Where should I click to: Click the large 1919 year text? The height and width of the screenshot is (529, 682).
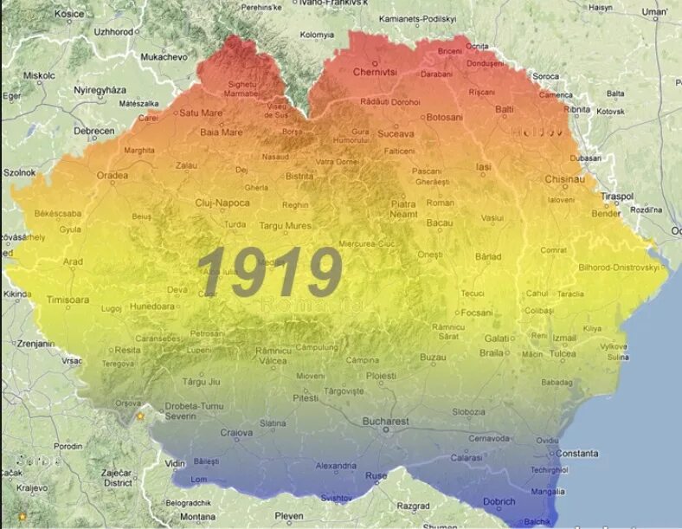point(269,273)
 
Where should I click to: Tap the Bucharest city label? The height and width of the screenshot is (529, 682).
point(385,422)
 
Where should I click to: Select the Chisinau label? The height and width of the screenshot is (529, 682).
point(565,179)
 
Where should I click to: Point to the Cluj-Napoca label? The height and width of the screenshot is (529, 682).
point(222,203)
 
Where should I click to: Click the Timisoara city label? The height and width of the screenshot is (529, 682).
point(68,300)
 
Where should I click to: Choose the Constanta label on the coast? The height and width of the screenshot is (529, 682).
point(576,453)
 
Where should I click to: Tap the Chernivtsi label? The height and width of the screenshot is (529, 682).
point(375,72)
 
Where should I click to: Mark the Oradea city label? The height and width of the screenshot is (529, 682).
point(113,175)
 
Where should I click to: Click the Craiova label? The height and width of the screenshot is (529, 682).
point(236,432)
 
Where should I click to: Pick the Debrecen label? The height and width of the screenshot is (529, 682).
point(94,131)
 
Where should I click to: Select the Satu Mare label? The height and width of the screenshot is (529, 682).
point(201,113)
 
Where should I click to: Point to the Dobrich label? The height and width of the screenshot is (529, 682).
point(499,501)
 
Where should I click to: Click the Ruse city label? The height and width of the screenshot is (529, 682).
point(377,476)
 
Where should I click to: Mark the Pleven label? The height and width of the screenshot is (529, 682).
point(289,516)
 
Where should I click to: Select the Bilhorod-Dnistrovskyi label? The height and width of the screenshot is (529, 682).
point(618,268)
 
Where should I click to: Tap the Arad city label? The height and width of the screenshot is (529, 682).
point(73,261)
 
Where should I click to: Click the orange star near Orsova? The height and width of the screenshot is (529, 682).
point(139,416)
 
